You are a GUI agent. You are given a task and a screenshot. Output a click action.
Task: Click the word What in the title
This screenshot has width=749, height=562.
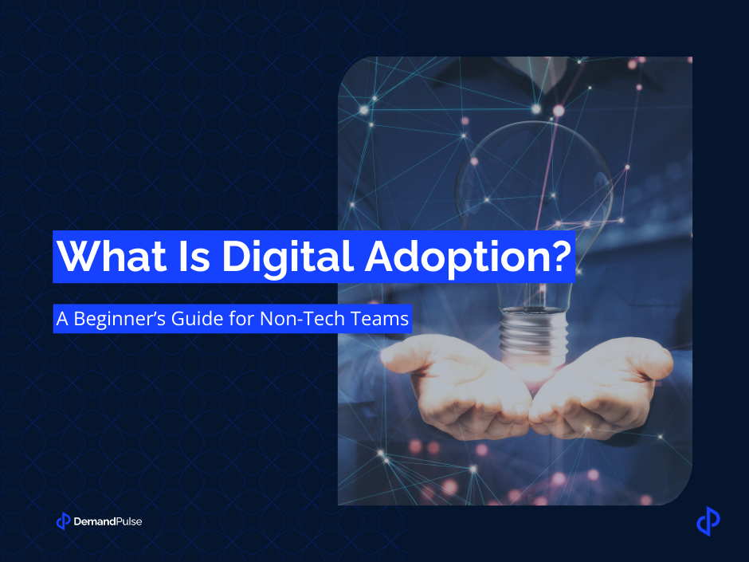[x=104, y=255]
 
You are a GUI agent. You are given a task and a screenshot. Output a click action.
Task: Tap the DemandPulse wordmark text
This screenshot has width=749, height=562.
[x=108, y=522]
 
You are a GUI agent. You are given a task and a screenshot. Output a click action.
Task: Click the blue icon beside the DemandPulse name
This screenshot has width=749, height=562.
[x=64, y=521]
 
